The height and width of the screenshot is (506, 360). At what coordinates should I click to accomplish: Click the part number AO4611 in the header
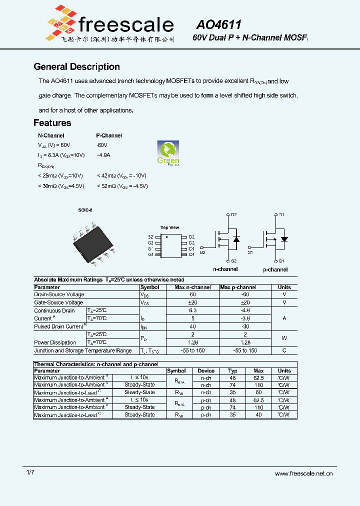218,25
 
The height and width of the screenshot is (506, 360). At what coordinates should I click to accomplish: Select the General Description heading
76,67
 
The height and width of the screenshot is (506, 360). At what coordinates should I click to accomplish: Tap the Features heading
52,123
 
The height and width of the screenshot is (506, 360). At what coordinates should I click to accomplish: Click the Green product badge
168,152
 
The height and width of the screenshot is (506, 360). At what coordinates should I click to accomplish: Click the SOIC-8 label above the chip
85,210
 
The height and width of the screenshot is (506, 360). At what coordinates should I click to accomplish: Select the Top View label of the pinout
169,227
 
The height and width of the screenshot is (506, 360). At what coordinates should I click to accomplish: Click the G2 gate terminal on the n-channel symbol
202,252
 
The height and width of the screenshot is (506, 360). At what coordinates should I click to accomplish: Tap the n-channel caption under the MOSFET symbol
225,269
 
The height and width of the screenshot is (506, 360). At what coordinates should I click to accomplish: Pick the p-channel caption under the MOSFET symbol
275,269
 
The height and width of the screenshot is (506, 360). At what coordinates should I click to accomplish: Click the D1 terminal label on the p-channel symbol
281,214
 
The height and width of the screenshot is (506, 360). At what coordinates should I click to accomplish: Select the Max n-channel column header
192,287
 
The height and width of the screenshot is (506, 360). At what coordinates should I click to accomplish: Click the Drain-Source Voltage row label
59,295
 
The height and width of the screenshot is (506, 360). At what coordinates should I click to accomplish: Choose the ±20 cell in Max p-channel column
245,302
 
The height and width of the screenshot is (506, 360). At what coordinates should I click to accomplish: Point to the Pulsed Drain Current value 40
192,326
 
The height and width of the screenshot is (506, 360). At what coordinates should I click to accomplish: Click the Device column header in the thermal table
206,371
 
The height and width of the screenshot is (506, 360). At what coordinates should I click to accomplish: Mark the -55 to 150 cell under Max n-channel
192,350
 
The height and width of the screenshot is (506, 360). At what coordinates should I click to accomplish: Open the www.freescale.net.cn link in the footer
304,473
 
